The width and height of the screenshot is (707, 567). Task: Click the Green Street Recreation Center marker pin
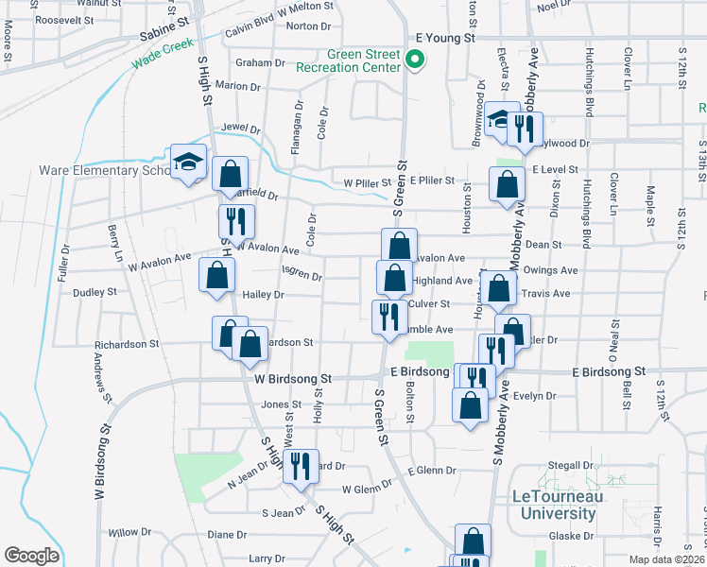coord(414,60)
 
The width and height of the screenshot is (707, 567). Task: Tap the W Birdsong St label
coord(293,378)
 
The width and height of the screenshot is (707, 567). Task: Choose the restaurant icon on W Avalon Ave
coord(233,221)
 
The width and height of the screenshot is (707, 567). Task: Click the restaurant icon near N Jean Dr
coord(300,465)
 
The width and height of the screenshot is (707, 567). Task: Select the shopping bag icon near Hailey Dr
coord(217,276)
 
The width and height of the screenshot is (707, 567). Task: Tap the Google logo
coord(31,555)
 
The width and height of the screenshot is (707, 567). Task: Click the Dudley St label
coord(94,292)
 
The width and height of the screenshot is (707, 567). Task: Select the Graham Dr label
coord(260,63)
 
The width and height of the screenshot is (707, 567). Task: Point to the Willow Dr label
coord(123,533)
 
